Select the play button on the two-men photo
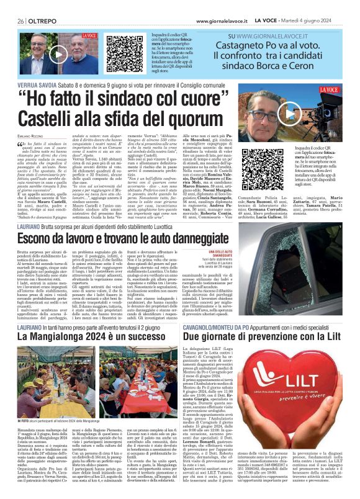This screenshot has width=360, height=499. [59, 53]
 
